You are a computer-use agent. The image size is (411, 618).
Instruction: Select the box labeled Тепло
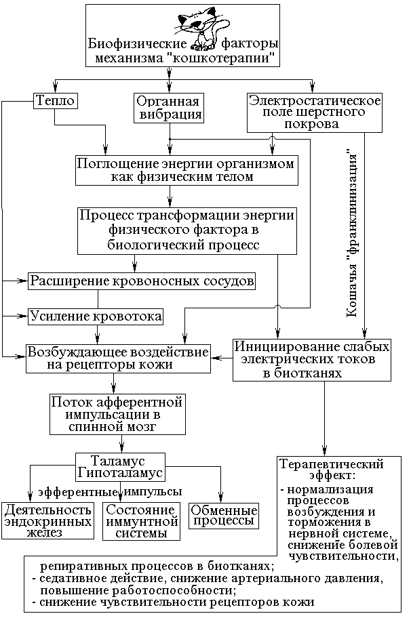click(x=54, y=100)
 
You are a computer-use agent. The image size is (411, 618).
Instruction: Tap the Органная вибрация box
click(x=168, y=107)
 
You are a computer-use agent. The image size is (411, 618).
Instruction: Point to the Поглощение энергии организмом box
click(x=185, y=170)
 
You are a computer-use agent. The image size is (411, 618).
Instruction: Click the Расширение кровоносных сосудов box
click(x=142, y=280)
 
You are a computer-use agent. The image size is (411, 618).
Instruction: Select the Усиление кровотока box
click(x=96, y=316)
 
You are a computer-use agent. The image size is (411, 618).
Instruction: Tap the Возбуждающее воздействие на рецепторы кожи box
click(x=118, y=357)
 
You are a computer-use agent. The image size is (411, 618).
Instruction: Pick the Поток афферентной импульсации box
click(x=119, y=413)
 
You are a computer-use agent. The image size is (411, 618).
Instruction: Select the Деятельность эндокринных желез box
click(x=47, y=521)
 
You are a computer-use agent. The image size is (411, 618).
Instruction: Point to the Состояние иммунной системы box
click(x=142, y=521)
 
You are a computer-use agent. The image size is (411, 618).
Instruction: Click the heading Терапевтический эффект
click(x=332, y=470)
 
